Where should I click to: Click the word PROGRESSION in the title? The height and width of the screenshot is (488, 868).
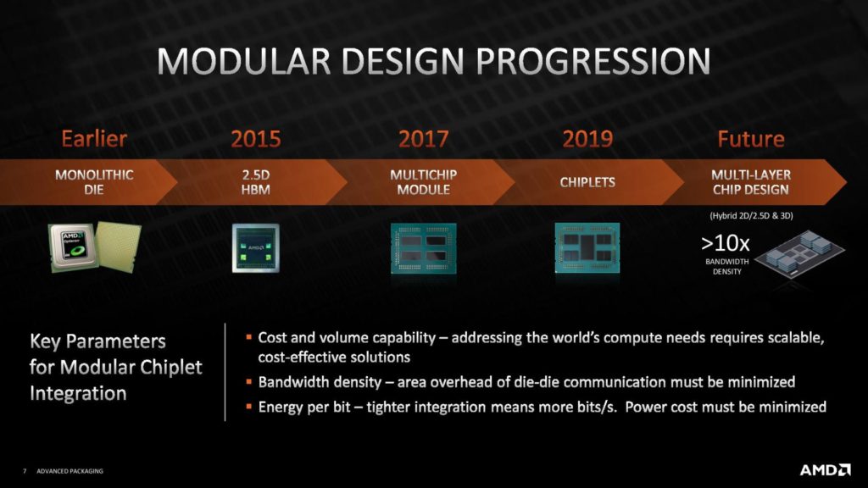point(593,61)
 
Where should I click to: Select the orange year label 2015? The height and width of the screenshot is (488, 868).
point(256,139)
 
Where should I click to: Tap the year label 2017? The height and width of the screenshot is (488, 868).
point(424,139)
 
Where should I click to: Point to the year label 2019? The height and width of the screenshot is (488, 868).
point(587,139)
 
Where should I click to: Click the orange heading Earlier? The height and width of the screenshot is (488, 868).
point(94,139)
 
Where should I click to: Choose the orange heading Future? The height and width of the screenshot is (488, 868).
point(751,139)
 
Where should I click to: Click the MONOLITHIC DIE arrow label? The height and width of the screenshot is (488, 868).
point(94,182)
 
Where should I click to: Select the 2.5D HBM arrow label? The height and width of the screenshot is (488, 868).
point(256,182)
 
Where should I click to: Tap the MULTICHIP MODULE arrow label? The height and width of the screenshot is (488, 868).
point(424,182)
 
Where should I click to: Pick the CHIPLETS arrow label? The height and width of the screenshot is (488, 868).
point(587,182)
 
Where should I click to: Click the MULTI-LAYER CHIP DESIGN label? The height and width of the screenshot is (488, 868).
point(751,182)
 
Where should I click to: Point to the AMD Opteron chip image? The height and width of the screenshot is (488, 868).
point(94,247)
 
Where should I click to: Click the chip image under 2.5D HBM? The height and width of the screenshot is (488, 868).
point(256,248)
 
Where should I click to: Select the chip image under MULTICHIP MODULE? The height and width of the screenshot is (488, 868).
point(424,248)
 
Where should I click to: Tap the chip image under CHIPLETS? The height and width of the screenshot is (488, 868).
point(587,248)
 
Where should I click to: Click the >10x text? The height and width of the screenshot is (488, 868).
point(726,243)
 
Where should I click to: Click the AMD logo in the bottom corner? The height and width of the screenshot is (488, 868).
point(825,469)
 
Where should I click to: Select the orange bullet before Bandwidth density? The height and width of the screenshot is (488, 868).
point(249,381)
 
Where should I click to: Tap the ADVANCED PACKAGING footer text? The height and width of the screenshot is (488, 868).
point(70,471)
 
